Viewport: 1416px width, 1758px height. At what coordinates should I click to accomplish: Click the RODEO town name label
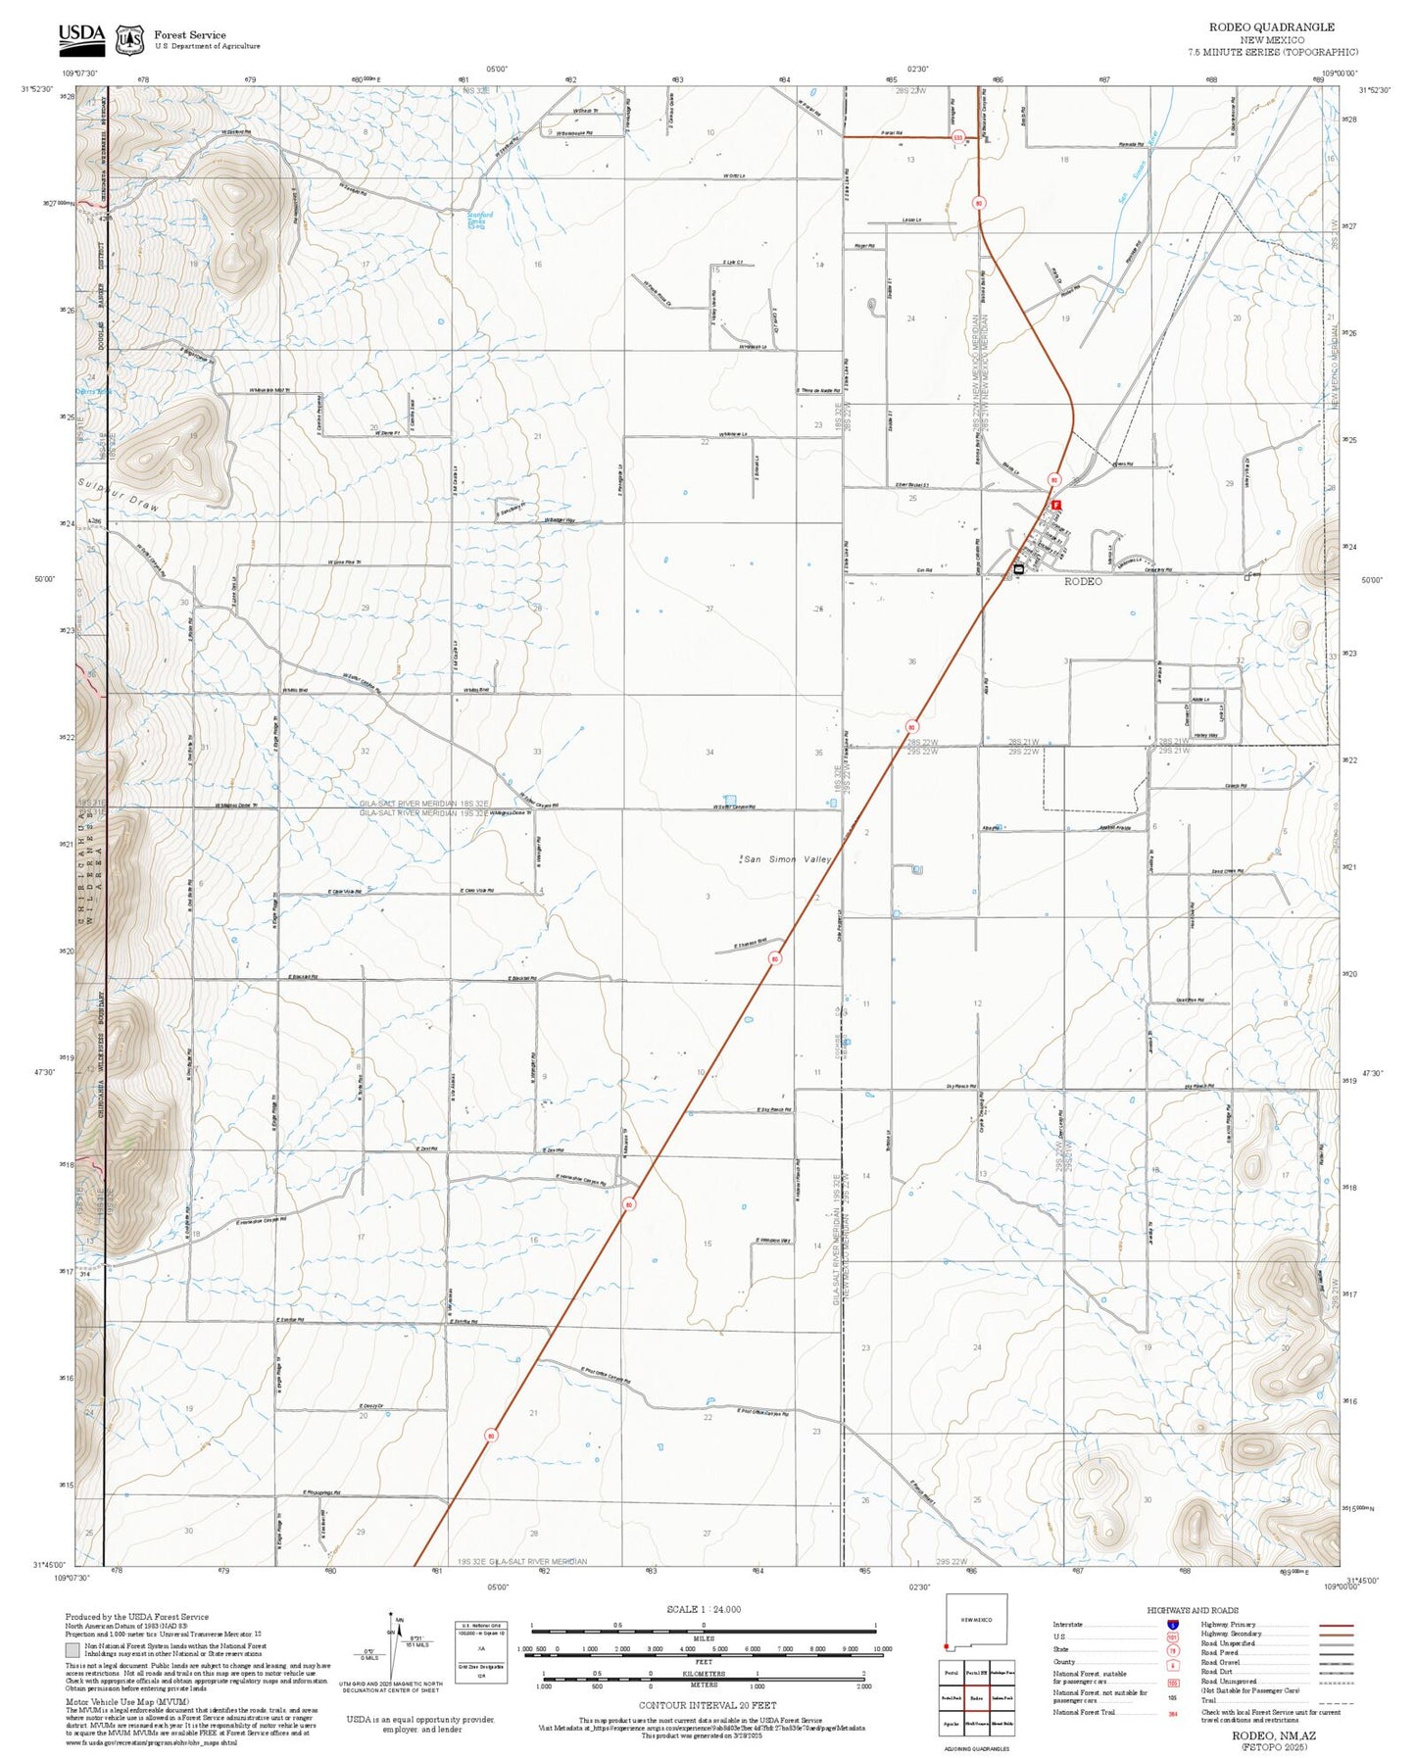point(1083,581)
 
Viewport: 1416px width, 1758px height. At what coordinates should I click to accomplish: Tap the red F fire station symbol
point(1056,505)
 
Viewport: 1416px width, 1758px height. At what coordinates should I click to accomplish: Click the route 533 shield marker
point(957,139)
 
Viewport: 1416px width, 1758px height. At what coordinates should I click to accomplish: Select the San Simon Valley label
point(787,859)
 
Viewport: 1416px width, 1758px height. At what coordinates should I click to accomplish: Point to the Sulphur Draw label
point(118,496)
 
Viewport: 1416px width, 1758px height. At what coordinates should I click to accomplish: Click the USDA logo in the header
point(81,38)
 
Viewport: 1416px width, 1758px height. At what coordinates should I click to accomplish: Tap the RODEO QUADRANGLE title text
point(1285,27)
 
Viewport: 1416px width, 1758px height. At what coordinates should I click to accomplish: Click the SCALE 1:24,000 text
point(703,1609)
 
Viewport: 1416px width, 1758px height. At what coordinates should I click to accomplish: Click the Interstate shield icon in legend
point(1172,1625)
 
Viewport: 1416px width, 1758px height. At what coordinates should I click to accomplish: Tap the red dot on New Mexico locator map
point(948,1645)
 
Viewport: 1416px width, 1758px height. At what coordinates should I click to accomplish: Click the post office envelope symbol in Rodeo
point(1019,568)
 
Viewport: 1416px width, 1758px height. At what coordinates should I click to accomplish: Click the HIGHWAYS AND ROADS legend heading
point(1192,1610)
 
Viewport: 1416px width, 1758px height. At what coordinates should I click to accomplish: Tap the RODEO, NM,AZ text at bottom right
point(1274,1734)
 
